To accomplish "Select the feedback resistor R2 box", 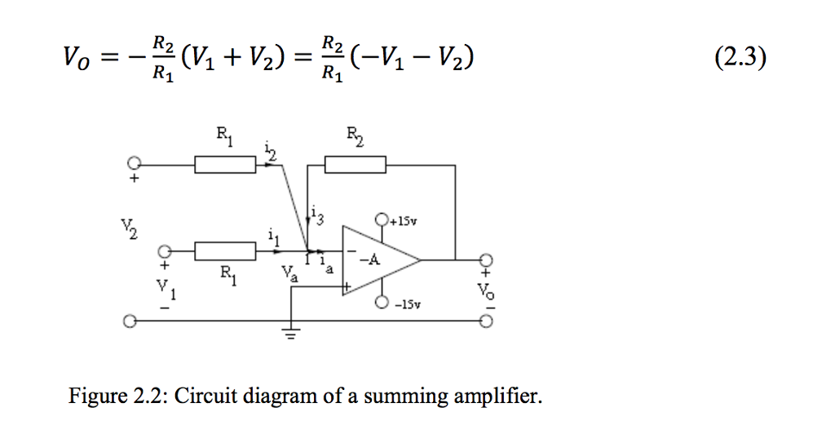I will point(356,166).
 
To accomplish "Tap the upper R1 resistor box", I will point(225,166).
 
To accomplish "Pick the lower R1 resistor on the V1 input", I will point(225,250).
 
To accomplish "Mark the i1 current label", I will point(273,237).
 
